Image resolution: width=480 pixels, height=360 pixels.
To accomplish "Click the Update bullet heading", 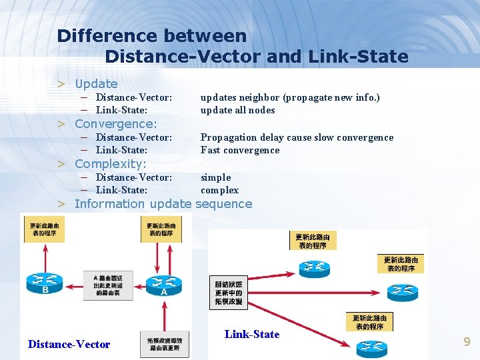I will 96,84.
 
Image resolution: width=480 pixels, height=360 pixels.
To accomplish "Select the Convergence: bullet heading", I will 116,124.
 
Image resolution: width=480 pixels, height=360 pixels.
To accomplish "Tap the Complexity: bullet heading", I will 111,164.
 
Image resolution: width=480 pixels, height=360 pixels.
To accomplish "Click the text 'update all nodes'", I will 238,111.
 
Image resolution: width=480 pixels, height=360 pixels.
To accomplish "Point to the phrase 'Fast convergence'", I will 240,151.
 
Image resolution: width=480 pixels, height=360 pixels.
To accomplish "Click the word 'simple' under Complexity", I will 216,177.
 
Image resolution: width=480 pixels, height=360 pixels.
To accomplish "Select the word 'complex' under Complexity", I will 219,191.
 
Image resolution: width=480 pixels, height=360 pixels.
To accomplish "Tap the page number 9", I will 467,342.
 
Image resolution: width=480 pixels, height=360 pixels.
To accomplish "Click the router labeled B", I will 45,283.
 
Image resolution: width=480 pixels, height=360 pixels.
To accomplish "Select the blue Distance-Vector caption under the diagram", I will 69,344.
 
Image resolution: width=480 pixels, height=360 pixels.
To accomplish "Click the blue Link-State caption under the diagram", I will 252,334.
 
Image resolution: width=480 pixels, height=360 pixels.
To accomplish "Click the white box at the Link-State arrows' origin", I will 229,293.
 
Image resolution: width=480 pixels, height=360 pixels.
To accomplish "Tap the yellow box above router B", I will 45,229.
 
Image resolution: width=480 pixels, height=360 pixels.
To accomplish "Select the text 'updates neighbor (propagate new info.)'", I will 290,97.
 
